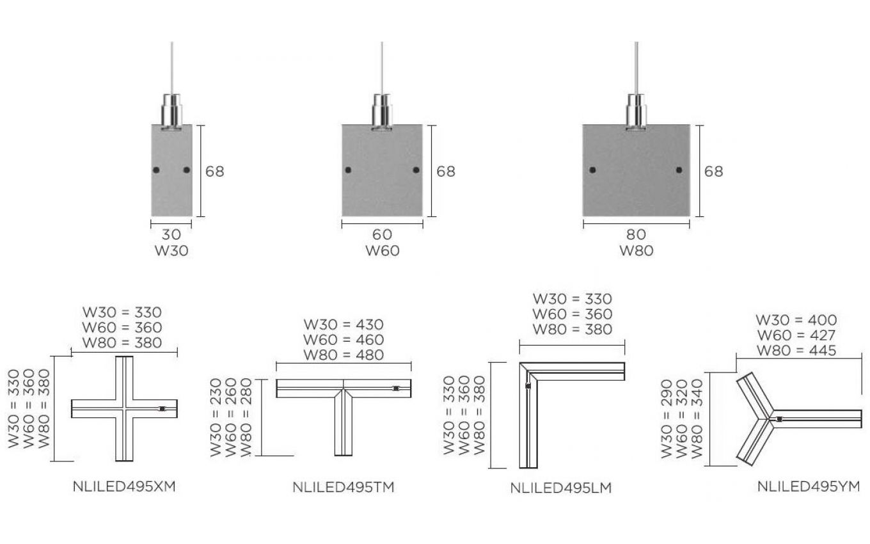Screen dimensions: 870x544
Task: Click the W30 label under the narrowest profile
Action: tap(171, 251)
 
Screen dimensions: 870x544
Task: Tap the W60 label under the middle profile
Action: tap(383, 251)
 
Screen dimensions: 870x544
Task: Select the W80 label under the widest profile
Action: tap(636, 251)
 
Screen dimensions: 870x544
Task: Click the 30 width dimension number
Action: tap(171, 234)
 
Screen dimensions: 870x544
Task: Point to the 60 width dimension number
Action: tap(383, 234)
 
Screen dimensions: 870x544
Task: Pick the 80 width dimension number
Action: tap(636, 234)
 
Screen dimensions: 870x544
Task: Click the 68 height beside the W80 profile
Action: tap(714, 172)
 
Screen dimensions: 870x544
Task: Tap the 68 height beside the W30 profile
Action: tap(215, 172)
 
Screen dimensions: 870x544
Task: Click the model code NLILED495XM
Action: tap(124, 486)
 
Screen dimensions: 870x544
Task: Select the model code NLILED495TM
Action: tap(344, 487)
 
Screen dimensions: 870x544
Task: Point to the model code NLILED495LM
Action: tap(561, 488)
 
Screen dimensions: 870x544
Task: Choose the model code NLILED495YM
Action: tap(809, 486)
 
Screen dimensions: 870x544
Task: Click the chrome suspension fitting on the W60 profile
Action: tap(382, 112)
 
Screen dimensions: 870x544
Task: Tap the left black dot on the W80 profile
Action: tap(592, 170)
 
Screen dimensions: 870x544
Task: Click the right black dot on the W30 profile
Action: tap(187, 170)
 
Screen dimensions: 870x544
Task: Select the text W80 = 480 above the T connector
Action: tap(344, 355)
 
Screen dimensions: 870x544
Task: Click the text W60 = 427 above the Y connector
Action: tap(796, 335)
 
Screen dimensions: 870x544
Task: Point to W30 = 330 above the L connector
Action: tap(573, 299)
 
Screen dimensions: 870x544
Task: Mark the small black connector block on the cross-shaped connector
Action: tap(162, 409)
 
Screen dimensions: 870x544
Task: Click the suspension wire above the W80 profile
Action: tap(636, 68)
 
